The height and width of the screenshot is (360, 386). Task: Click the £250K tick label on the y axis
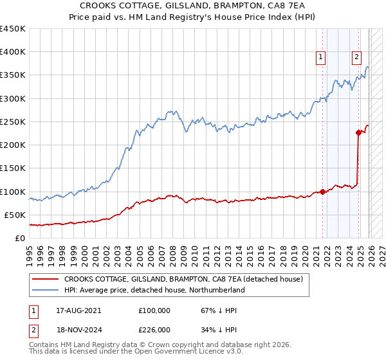pyautogui.click(x=12, y=122)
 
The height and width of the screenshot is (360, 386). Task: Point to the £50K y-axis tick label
pyautogui.click(x=15, y=215)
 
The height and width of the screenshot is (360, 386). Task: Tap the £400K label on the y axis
pyautogui.click(x=12, y=52)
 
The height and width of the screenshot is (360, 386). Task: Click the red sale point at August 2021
pyautogui.click(x=323, y=192)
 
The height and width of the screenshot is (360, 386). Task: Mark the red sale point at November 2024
pyautogui.click(x=359, y=133)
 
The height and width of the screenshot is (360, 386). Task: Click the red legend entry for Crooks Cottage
pyautogui.click(x=187, y=280)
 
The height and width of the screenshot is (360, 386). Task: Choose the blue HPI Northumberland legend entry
pyautogui.click(x=154, y=291)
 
